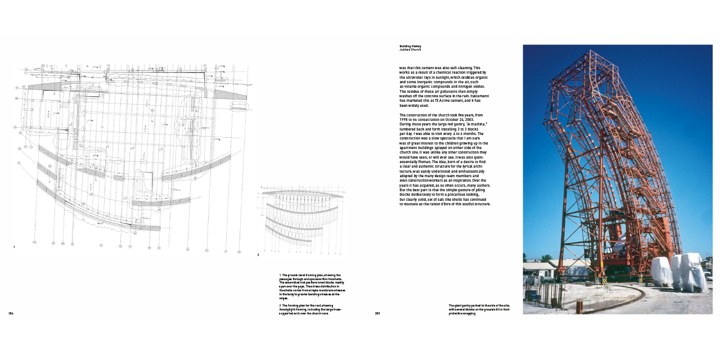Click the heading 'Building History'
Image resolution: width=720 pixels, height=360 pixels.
(x=410, y=46)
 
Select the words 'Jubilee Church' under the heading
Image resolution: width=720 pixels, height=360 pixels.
(x=410, y=49)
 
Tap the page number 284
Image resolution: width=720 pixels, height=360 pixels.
(x=11, y=313)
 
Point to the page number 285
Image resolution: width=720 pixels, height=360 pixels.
(x=377, y=313)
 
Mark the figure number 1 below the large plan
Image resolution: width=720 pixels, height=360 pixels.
(x=14, y=247)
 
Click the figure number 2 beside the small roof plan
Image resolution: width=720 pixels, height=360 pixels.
(x=258, y=255)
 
